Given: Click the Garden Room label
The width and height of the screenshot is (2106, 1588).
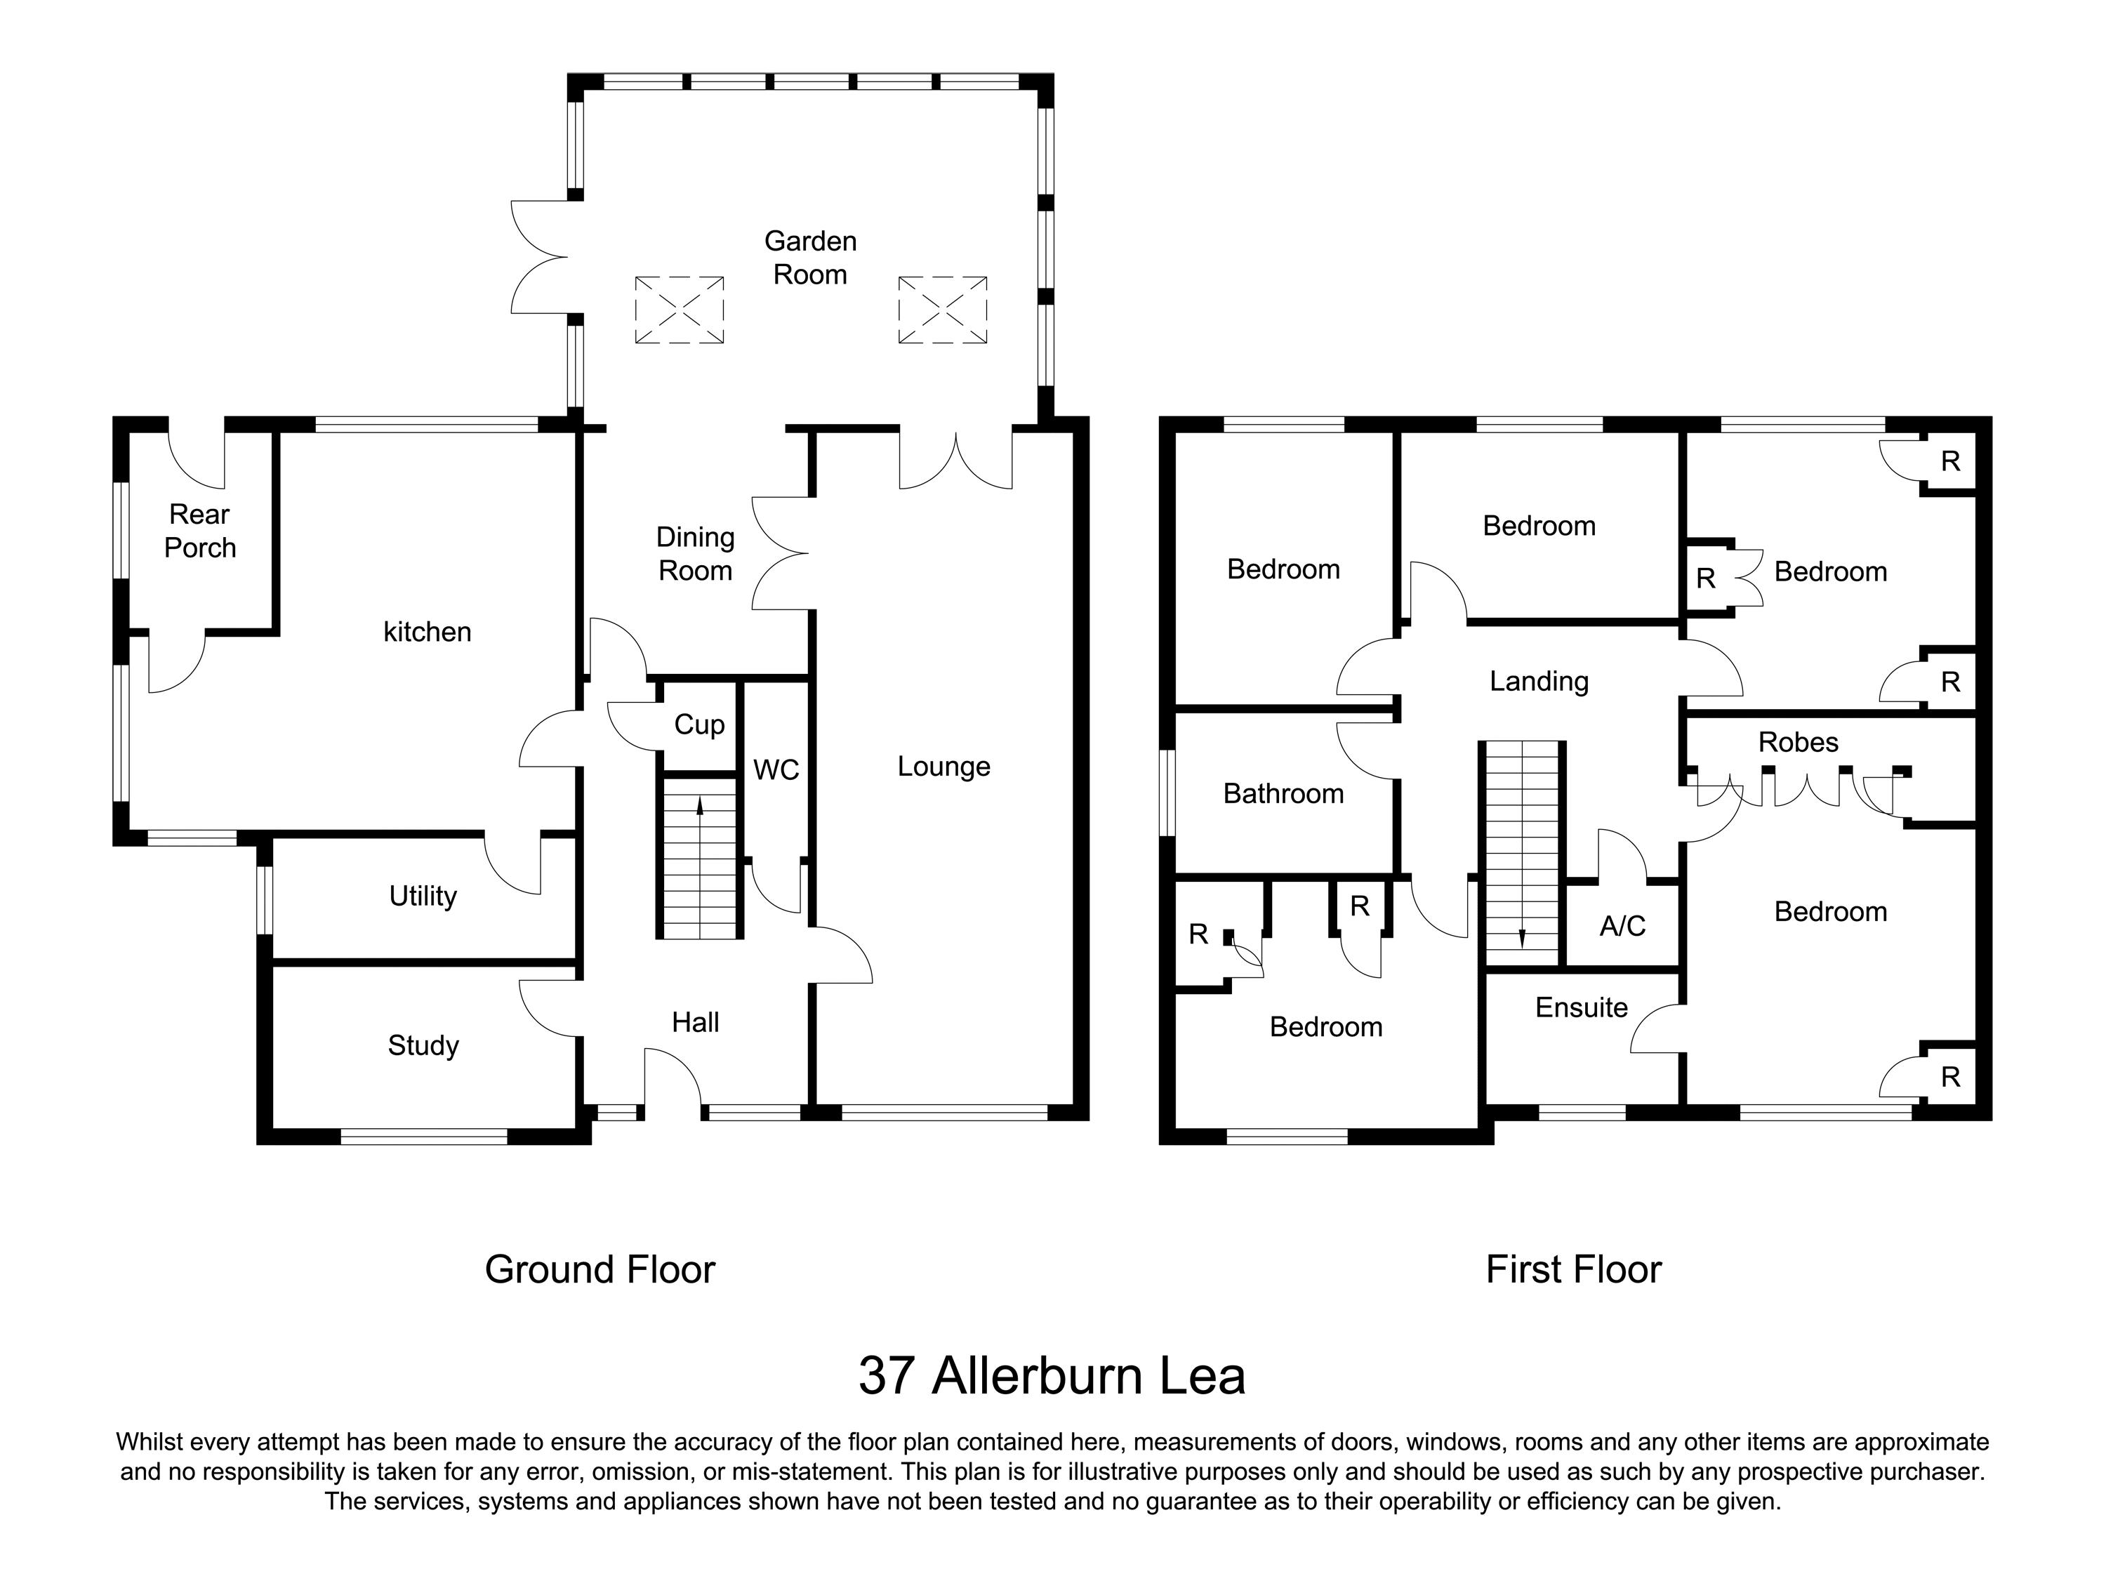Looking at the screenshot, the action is pyautogui.click(x=810, y=258).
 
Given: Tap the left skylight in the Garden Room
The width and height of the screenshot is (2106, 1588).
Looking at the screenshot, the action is pyautogui.click(x=679, y=310).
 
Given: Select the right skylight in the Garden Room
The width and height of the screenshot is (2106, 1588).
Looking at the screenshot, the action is pyautogui.click(x=943, y=310).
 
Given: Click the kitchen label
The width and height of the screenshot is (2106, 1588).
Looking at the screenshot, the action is pyautogui.click(x=427, y=632).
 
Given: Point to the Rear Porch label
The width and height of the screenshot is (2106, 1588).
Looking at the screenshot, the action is pyautogui.click(x=200, y=531).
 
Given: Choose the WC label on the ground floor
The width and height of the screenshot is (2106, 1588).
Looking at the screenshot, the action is pyautogui.click(x=776, y=770).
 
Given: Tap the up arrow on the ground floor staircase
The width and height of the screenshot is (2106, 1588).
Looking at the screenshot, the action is pyautogui.click(x=700, y=807).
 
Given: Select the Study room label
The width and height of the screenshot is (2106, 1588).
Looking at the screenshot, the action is pyautogui.click(x=424, y=1045).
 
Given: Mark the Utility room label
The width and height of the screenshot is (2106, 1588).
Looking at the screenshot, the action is pyautogui.click(x=423, y=896).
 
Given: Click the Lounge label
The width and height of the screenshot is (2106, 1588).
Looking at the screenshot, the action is pyautogui.click(x=943, y=767).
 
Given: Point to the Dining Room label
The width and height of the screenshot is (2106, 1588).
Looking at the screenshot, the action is pyautogui.click(x=695, y=554).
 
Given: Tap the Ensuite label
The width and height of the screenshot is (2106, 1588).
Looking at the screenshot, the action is pyautogui.click(x=1582, y=1007).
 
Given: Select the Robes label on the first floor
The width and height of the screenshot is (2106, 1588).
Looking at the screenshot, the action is pyautogui.click(x=1798, y=743).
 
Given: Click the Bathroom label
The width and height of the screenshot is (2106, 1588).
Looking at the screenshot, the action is pyautogui.click(x=1283, y=793).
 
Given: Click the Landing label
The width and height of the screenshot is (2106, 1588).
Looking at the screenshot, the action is pyautogui.click(x=1539, y=681).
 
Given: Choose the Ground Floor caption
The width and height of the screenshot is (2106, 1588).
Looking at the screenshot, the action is pyautogui.click(x=600, y=1270).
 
